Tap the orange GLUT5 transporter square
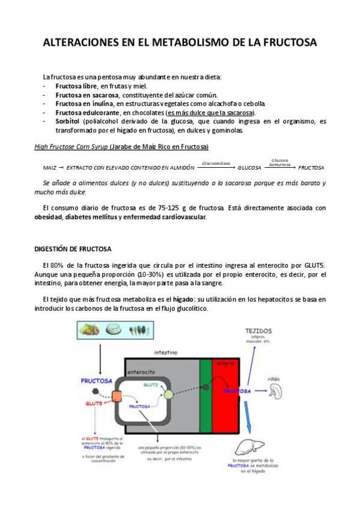(116, 398)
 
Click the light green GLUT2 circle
(168, 395)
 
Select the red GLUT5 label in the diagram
(93, 404)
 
